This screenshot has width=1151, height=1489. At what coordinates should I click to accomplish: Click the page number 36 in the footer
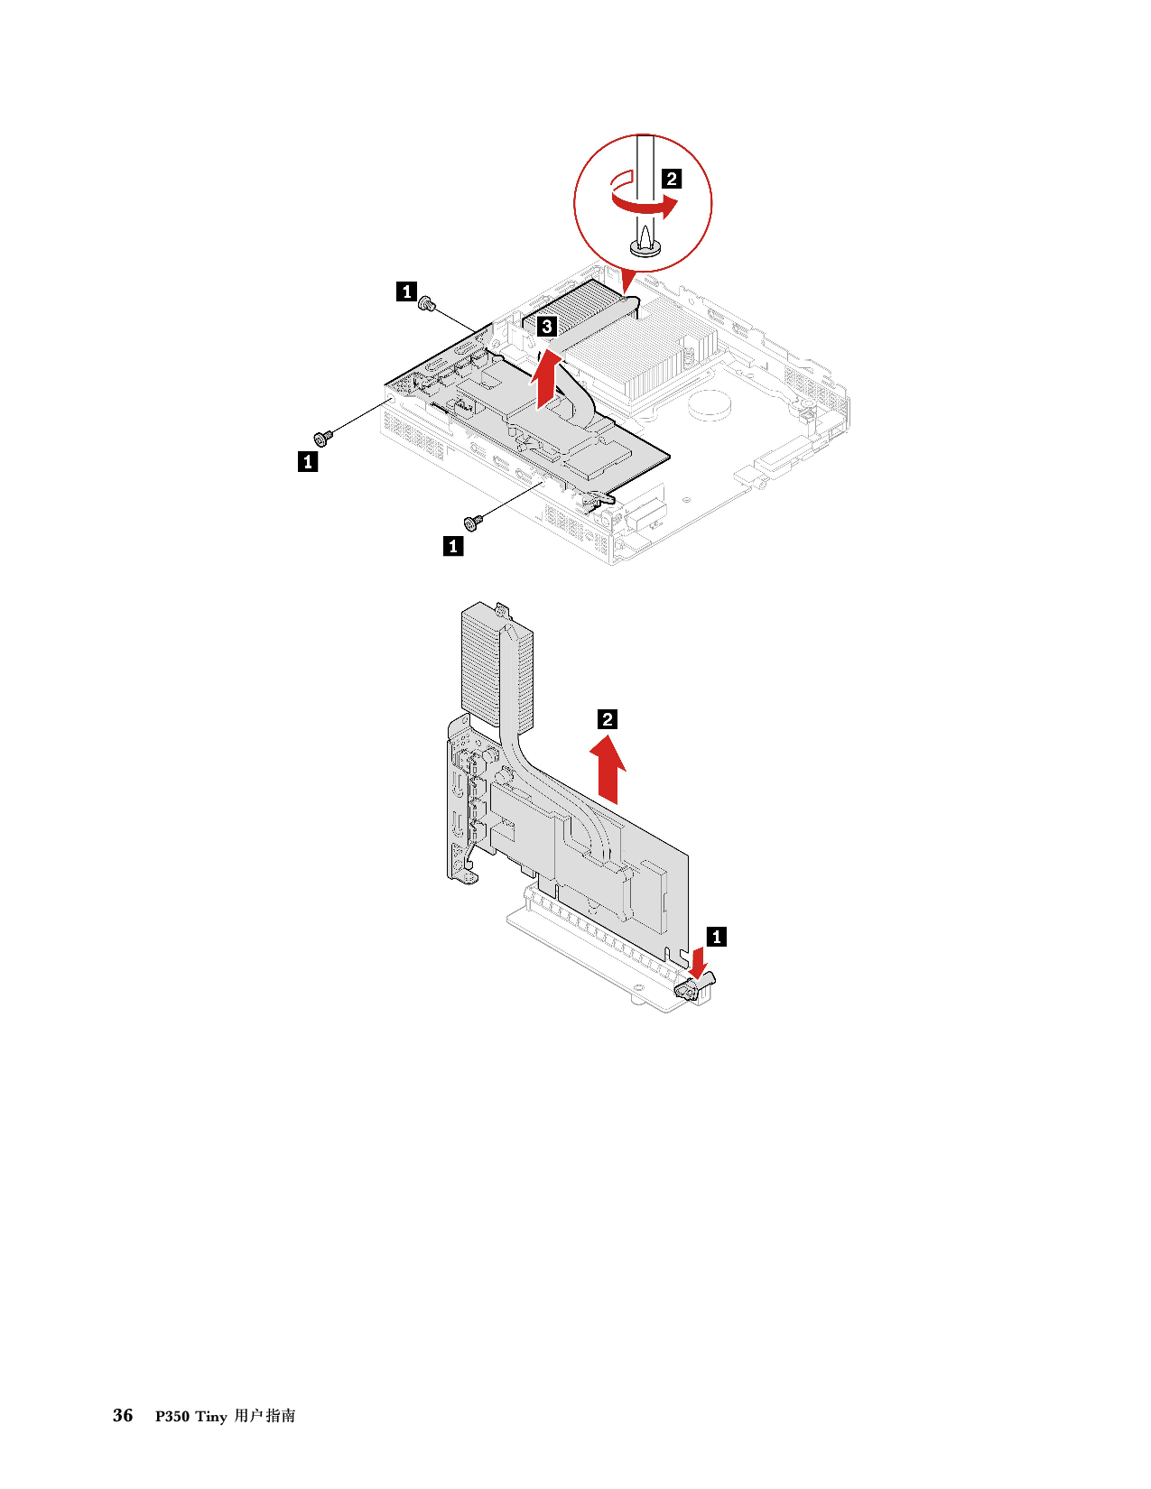[x=123, y=1415]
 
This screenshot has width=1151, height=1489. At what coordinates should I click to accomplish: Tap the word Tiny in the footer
[x=211, y=1417]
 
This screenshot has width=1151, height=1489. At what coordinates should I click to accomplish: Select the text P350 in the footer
[x=172, y=1417]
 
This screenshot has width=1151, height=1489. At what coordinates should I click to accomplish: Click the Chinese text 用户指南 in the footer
[x=265, y=1416]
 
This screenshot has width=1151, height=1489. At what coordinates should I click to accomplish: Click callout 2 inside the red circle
[x=671, y=179]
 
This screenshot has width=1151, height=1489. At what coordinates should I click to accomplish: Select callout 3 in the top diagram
[x=546, y=326]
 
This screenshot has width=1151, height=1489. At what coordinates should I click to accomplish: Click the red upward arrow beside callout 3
[x=545, y=377]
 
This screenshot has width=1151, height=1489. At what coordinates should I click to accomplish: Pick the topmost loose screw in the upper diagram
[x=428, y=303]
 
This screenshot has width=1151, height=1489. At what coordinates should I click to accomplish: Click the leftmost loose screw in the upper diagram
[x=322, y=437]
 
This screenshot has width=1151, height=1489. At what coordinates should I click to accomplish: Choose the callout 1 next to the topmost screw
[x=406, y=291]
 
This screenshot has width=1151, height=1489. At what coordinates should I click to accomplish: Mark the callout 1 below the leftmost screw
[x=308, y=462]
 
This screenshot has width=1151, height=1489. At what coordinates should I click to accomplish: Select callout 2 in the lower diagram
[x=608, y=719]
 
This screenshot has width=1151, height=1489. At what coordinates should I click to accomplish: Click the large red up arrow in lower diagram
[x=608, y=769]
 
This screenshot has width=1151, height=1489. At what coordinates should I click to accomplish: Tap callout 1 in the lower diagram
[x=717, y=937]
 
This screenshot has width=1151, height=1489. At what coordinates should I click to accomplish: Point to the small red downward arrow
[x=699, y=963]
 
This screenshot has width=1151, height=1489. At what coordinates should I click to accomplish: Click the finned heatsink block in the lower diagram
[x=495, y=665]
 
